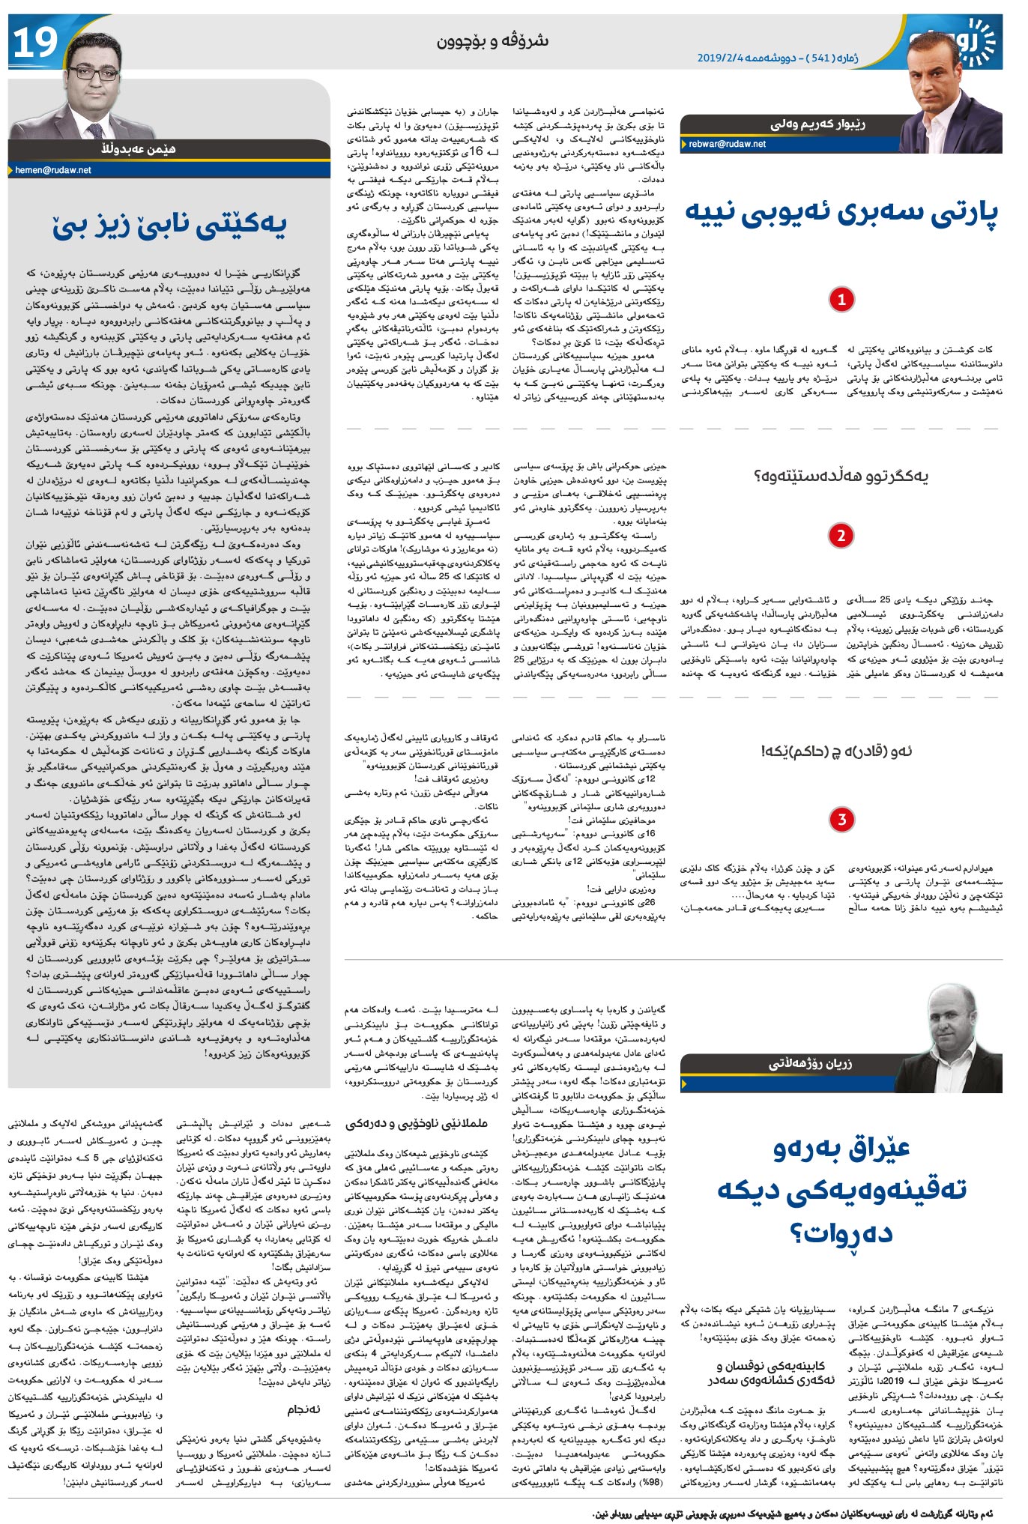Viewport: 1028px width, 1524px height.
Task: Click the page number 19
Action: (x=35, y=43)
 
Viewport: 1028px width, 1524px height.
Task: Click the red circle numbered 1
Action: (x=841, y=300)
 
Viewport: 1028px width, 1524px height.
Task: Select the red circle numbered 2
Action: (x=841, y=535)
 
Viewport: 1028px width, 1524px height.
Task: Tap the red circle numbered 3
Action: (x=841, y=819)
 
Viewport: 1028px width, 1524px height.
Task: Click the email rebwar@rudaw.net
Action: (x=727, y=144)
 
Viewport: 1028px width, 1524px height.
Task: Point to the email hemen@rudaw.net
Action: (x=53, y=170)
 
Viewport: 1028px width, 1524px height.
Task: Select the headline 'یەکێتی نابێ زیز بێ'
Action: (x=169, y=226)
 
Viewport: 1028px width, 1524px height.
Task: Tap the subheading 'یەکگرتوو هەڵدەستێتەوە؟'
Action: (x=841, y=476)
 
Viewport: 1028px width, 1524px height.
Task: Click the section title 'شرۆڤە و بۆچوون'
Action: (x=492, y=41)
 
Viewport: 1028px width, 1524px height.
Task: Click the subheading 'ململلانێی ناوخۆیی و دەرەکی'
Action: (x=417, y=1124)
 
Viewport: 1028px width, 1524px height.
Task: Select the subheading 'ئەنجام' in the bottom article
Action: (x=304, y=1409)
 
